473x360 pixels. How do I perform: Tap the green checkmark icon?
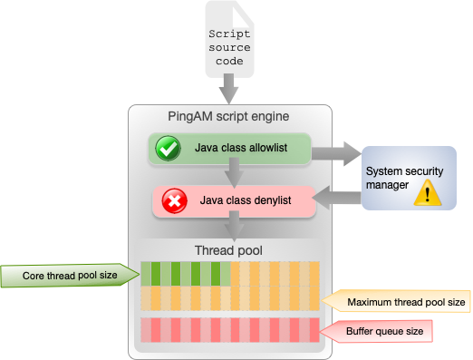(169, 150)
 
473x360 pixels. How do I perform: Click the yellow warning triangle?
(426, 192)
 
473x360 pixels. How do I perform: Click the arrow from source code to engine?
(230, 90)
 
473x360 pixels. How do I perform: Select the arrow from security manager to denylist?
(337, 197)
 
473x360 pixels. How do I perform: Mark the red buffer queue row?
(230, 328)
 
